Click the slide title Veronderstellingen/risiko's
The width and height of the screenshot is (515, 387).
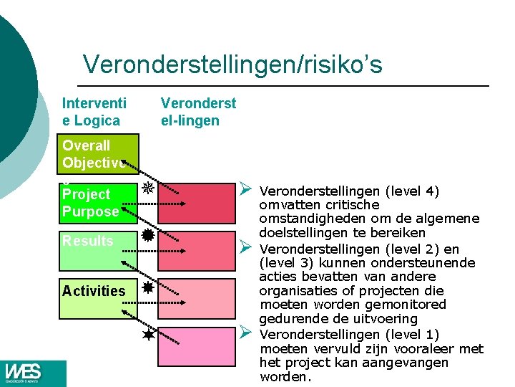232,65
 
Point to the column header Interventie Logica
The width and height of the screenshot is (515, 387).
91,112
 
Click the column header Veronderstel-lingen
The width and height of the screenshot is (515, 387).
198,112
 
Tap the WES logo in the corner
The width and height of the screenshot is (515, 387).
24,373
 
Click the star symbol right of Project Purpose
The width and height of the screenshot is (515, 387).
147,188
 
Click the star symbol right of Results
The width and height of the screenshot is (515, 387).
147,236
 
